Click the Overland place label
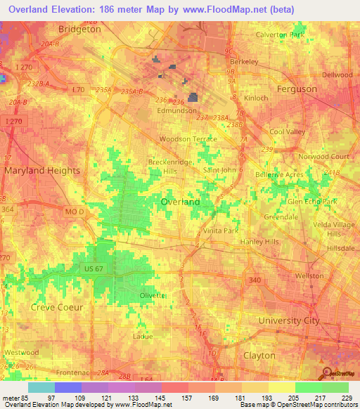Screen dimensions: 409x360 (x=180, y=202)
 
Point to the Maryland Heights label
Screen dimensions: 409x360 (x=41, y=170)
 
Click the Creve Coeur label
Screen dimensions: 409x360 (x=57, y=307)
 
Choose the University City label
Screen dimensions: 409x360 (x=288, y=320)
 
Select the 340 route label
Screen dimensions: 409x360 (x=255, y=280)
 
